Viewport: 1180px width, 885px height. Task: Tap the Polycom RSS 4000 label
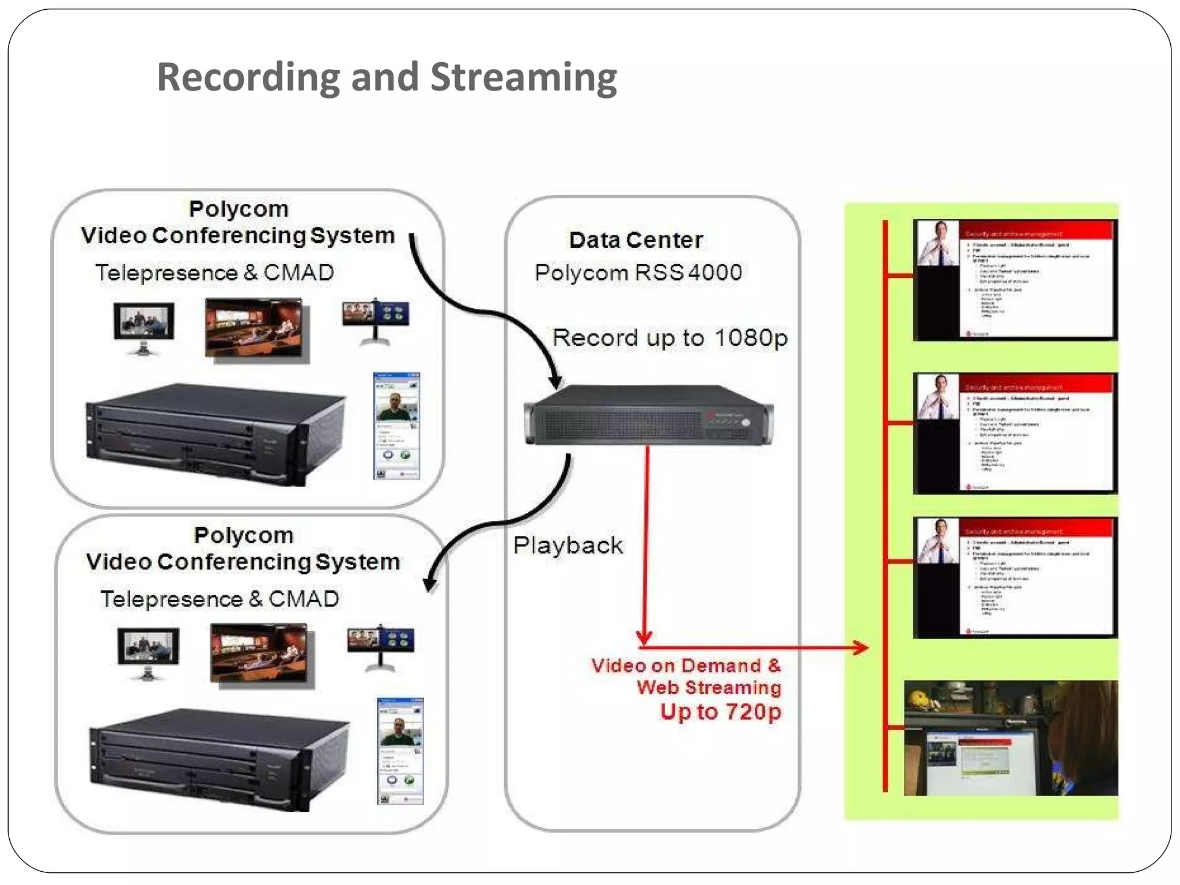638,273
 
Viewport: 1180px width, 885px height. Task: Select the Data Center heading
636,240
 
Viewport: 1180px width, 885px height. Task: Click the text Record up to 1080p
670,338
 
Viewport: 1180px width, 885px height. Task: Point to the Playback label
568,545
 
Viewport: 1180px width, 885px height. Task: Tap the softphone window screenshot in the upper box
396,426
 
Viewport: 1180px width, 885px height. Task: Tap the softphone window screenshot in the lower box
400,751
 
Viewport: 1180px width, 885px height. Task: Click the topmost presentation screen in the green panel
1015,280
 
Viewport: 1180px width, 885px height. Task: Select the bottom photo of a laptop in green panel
1011,738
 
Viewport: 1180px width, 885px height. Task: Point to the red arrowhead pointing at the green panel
861,648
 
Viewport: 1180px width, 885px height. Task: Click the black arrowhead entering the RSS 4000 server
555,381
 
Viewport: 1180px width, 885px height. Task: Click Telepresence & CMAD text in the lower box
220,599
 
